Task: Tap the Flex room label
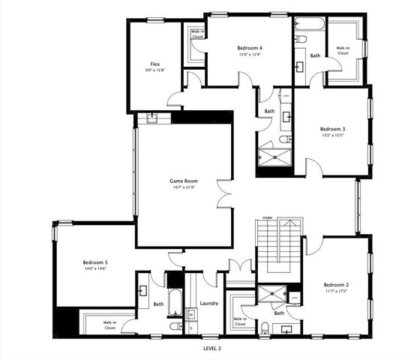(x=154, y=64)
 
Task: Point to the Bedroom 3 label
(x=331, y=128)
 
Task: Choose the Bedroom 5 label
(x=95, y=262)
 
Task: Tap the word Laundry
(x=209, y=304)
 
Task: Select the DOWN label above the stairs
(x=267, y=218)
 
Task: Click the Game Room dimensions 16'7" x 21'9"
(x=181, y=187)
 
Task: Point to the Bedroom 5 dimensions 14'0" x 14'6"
(x=95, y=268)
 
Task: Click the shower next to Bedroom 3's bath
(x=274, y=158)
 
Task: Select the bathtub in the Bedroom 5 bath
(x=173, y=302)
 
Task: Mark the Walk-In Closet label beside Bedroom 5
(x=109, y=325)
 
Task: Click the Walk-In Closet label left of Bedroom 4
(x=198, y=34)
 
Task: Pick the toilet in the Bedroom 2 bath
(x=266, y=325)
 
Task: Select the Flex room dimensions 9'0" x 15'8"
(x=154, y=70)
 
